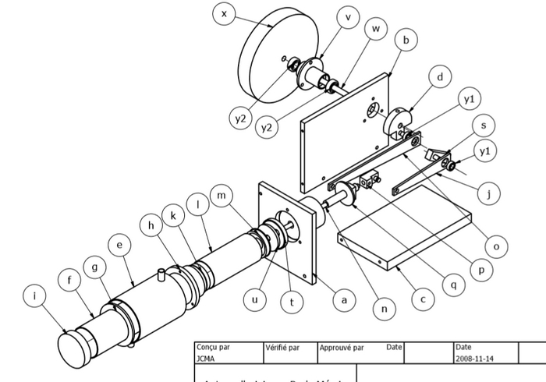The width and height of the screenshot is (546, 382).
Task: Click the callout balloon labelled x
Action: [224, 14]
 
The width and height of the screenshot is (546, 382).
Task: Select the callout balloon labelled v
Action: [347, 16]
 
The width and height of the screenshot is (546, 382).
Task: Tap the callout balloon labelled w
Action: [376, 28]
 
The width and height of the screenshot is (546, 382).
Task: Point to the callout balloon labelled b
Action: [406, 41]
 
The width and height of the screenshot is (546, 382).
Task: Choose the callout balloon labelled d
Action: [441, 77]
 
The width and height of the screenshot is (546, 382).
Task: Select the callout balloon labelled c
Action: [422, 298]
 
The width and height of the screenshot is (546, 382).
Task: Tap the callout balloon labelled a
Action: [340, 297]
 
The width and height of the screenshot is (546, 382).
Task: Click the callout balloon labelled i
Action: [34, 295]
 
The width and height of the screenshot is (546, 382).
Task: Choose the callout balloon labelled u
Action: [256, 298]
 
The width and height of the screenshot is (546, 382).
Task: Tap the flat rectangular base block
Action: [406, 231]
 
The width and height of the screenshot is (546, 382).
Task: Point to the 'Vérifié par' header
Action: [282, 348]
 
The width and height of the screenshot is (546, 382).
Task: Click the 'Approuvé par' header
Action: [342, 348]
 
